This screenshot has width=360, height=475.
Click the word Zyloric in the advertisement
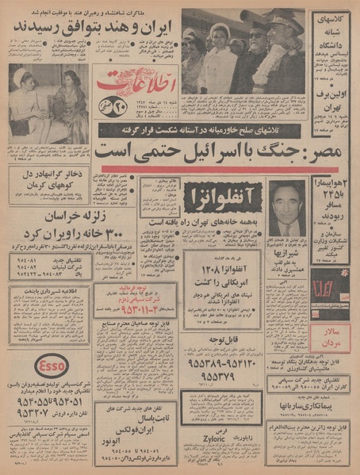click(226, 435)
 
